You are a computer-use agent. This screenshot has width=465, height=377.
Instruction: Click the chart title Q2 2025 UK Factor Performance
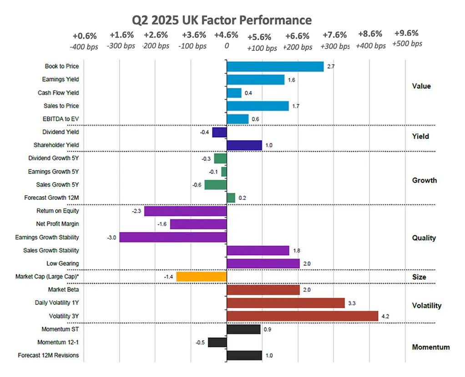(222, 20)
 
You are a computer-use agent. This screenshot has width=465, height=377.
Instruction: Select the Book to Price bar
(275, 66)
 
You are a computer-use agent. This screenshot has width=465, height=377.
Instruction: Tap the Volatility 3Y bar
(303, 316)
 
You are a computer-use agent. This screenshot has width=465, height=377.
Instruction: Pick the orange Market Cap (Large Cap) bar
(202, 277)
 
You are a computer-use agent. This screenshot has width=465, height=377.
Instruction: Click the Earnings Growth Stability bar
(173, 237)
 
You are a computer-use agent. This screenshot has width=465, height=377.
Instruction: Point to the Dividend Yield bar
(219, 132)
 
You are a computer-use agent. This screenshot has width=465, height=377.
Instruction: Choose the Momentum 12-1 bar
(217, 342)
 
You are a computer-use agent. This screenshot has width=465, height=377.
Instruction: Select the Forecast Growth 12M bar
(231, 198)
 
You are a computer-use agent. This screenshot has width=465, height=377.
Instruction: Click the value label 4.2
(385, 316)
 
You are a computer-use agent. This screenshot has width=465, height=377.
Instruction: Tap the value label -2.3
(136, 211)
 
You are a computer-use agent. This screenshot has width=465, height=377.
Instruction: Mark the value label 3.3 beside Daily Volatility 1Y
(352, 303)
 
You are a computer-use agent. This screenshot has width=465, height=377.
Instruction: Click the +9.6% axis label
(406, 33)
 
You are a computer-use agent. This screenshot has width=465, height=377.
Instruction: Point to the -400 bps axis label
(84, 47)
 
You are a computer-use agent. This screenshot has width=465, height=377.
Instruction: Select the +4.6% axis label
(226, 35)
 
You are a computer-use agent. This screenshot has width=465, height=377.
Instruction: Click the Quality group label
(424, 238)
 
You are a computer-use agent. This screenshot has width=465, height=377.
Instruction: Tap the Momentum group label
(430, 347)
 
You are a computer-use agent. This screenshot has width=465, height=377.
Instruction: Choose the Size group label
(419, 277)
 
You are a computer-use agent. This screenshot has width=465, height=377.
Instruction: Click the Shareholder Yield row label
(56, 145)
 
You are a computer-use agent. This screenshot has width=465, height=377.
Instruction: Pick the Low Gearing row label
(63, 263)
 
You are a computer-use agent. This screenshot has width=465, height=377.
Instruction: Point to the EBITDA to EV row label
(61, 119)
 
